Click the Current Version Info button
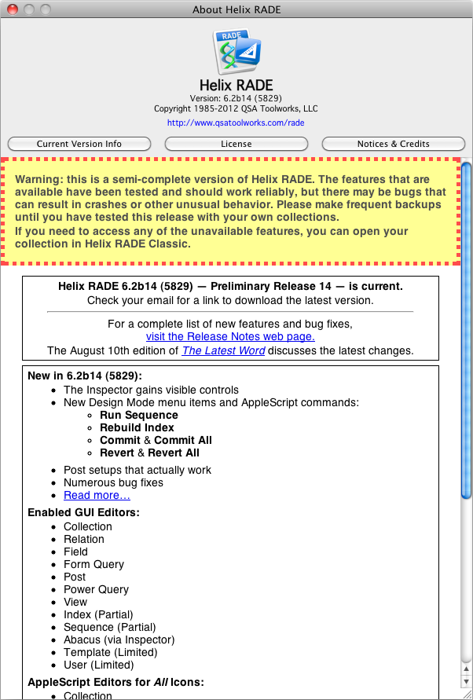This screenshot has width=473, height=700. (x=79, y=144)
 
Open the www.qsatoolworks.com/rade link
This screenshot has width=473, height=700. (x=236, y=123)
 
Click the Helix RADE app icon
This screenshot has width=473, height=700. (x=236, y=52)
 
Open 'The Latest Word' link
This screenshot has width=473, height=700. (x=223, y=350)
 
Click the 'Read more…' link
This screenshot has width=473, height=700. (x=97, y=495)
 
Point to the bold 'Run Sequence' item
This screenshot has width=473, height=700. (x=138, y=415)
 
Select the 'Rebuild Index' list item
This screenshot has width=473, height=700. (x=137, y=427)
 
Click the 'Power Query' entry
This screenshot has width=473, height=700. (x=96, y=589)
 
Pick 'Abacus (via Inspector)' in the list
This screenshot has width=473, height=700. (x=119, y=640)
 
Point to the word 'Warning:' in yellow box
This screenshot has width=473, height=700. (x=38, y=180)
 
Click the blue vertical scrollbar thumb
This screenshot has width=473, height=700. (x=466, y=330)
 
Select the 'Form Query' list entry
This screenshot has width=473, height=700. (x=93, y=564)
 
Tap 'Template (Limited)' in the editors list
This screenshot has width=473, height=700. (x=110, y=652)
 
